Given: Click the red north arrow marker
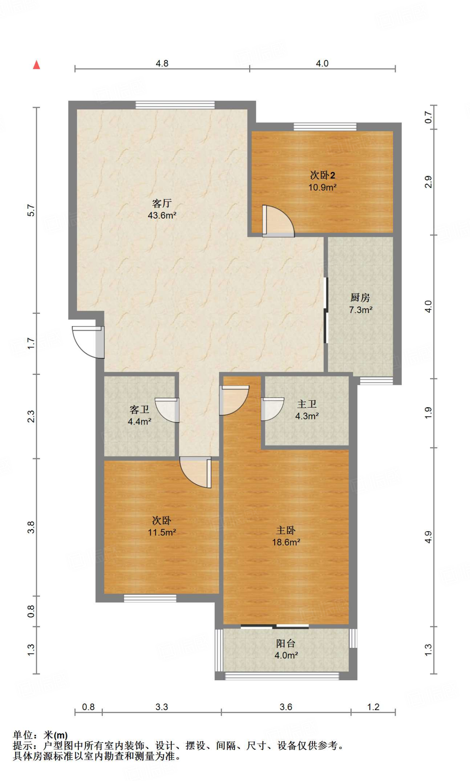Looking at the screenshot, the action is pos(37,65).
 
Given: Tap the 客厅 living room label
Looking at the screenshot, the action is pos(162,203).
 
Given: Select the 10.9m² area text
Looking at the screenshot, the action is pos(322,187).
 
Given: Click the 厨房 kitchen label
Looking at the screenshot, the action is pos(360,297).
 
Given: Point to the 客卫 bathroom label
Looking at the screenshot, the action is pos(139,410).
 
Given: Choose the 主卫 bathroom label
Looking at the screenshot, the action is pos(307,404).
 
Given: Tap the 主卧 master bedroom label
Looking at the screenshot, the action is pos(286,530).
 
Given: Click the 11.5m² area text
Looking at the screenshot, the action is pos(162,532).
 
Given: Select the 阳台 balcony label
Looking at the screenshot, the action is pos(286,643).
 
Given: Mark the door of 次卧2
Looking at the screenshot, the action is pos(278,221).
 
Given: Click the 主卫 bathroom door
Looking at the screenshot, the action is pos(272,409).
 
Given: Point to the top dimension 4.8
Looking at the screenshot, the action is pos(162,63).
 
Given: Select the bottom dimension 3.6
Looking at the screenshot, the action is pos(286,707).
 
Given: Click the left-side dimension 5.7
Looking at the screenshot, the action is pos(31,211).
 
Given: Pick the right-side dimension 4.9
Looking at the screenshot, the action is pos(428,537).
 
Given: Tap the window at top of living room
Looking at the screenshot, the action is pos(175,105).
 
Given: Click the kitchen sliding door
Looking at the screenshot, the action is pos(326,310).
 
